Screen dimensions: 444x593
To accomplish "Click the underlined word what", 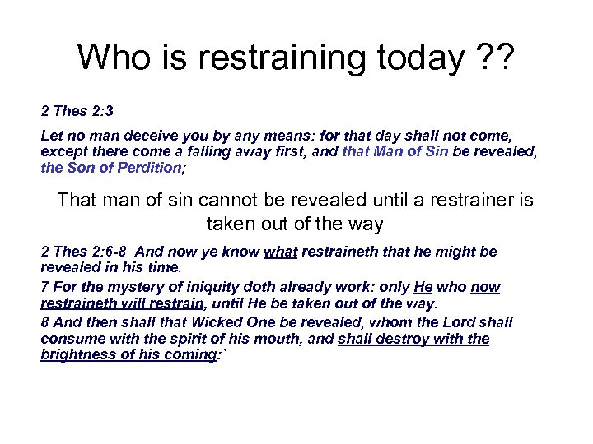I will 281,252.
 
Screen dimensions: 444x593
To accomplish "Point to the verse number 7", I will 44,288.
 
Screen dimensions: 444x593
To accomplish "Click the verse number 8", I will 44,322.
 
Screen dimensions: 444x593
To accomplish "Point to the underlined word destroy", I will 401,339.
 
